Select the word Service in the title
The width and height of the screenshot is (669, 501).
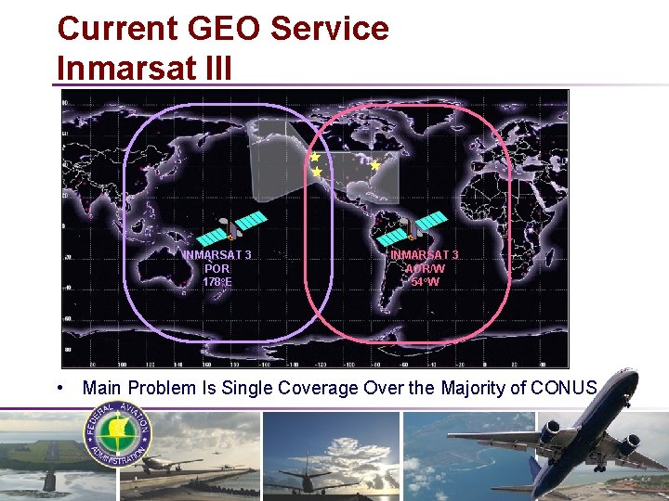(x=331, y=28)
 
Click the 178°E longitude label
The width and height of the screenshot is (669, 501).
(x=216, y=281)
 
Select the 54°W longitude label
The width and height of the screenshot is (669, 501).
(x=426, y=281)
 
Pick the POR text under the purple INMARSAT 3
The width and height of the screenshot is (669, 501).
(x=216, y=268)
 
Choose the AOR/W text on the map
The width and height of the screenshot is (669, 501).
(x=426, y=268)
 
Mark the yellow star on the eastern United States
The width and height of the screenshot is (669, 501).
(x=375, y=165)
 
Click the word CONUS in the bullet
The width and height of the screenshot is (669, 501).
(x=564, y=388)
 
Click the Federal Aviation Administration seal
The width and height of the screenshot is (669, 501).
(x=118, y=434)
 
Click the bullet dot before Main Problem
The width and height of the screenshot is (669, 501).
(x=59, y=387)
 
